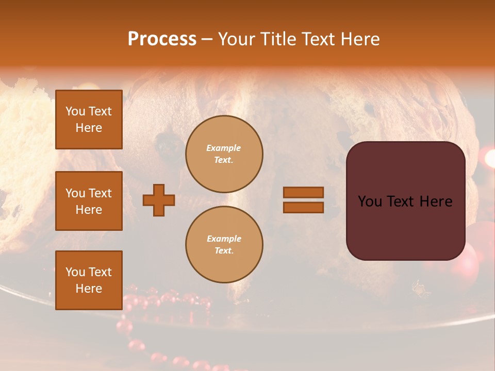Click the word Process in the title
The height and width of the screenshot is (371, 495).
pos(162,39)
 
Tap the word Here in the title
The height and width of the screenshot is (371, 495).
pos(359,39)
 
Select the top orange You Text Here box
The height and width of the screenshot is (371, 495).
pos(89,120)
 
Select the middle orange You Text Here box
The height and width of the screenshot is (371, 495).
pos(89,201)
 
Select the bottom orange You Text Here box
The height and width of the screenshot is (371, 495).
pos(89,280)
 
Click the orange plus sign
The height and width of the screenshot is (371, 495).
pos(159,200)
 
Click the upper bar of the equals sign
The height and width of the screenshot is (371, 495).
pos(303,192)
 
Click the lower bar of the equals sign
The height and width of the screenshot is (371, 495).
pos(303,207)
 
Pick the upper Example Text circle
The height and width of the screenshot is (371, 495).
pos(224,154)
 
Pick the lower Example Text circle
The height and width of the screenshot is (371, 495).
pos(224,245)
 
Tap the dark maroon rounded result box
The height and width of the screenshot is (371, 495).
pos(405,200)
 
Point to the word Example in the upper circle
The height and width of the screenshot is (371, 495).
pos(224,148)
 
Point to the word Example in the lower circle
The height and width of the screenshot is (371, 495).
pos(224,239)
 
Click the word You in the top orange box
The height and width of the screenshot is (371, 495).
pos(75,111)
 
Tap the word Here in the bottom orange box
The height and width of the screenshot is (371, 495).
pos(89,289)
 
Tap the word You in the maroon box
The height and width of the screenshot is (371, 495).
pos(370,201)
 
